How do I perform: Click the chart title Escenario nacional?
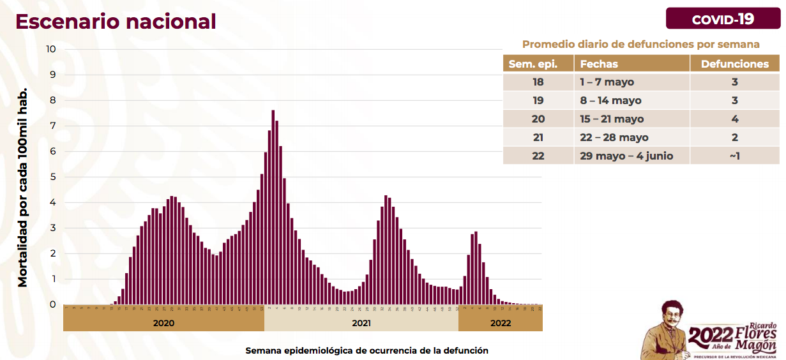pyautogui.click(x=116, y=21)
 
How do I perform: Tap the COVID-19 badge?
pyautogui.click(x=723, y=19)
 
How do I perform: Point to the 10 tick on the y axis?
pyautogui.click(x=51, y=49)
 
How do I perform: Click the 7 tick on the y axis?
pyautogui.click(x=53, y=126)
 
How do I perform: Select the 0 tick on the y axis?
pyautogui.click(x=53, y=304)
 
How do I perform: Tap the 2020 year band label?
pyautogui.click(x=163, y=322)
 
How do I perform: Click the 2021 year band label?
pyautogui.click(x=361, y=322)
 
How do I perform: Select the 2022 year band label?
pyautogui.click(x=501, y=322)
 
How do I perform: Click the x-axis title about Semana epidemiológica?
pyautogui.click(x=367, y=350)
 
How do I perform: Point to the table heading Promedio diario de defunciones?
pyautogui.click(x=640, y=44)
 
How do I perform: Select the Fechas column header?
pyautogui.click(x=599, y=64)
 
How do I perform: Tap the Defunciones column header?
pyautogui.click(x=735, y=64)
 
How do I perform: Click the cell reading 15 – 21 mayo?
pyautogui.click(x=612, y=119)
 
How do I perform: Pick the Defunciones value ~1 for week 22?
pyautogui.click(x=735, y=156)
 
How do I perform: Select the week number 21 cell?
pyautogui.click(x=538, y=137)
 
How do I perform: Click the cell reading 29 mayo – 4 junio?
pyautogui.click(x=626, y=156)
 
